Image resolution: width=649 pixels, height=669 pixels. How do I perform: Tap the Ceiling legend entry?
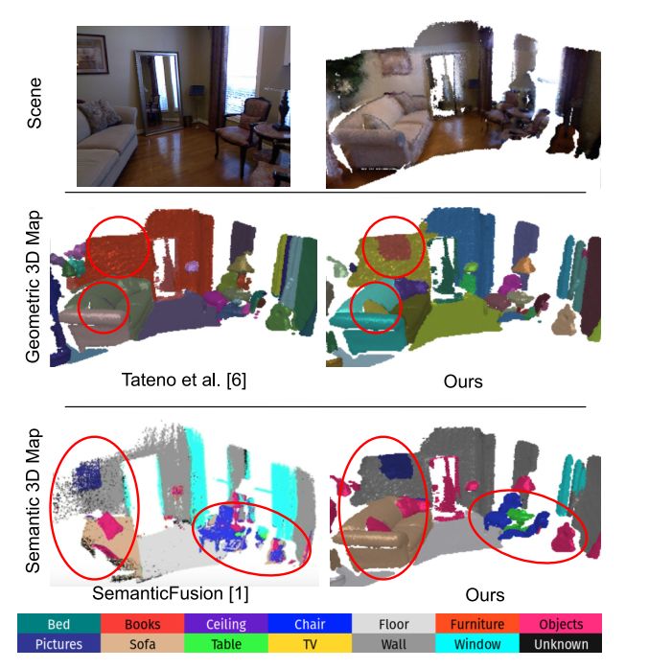(226, 625)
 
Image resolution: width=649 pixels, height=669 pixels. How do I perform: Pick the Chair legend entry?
(310, 625)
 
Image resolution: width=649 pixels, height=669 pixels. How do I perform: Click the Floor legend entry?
(394, 625)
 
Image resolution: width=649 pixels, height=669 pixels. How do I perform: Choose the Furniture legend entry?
(477, 625)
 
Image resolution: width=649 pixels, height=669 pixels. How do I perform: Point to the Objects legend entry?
(561, 625)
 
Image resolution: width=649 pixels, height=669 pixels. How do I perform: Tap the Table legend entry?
(226, 645)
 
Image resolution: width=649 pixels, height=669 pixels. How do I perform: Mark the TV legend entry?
(310, 645)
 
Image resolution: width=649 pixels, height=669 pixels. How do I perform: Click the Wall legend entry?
(394, 645)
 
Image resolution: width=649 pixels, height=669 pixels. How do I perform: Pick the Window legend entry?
(477, 645)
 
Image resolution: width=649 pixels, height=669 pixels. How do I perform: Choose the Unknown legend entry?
(561, 645)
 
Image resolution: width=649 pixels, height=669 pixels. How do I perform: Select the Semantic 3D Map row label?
(35, 497)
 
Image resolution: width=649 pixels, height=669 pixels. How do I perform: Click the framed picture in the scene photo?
(92, 58)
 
